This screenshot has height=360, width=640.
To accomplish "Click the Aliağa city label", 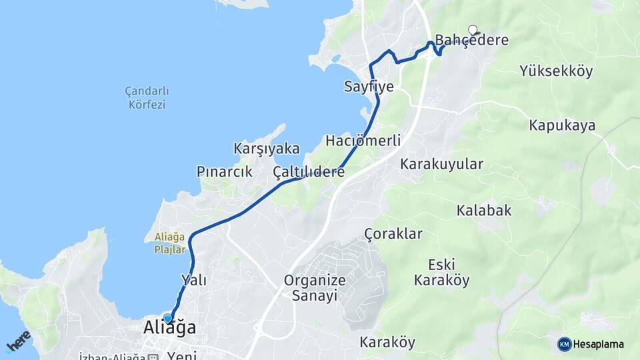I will [170, 328].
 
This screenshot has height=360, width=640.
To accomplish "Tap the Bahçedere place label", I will [472, 40].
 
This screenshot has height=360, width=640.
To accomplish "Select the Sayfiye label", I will [369, 87].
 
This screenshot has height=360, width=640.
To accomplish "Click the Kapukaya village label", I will [562, 125].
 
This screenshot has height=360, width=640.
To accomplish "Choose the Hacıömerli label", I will [363, 141].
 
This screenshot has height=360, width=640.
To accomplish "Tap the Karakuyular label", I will [441, 164].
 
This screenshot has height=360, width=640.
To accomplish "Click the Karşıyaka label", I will [267, 149].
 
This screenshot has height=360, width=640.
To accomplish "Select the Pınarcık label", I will [225, 172].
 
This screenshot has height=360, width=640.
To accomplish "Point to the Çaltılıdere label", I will [309, 172].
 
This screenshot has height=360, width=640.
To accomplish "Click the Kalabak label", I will [484, 211].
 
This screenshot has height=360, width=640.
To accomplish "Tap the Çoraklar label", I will [393, 233].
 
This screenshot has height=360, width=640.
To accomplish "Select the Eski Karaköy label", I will [441, 271].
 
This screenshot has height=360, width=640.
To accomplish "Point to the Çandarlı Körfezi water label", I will [147, 97].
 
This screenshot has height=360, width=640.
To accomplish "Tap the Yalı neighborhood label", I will [193, 280].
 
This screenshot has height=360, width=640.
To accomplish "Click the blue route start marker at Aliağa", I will [167, 318].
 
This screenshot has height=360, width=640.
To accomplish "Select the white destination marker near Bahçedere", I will [473, 29].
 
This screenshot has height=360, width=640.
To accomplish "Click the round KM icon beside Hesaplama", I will [565, 344].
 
